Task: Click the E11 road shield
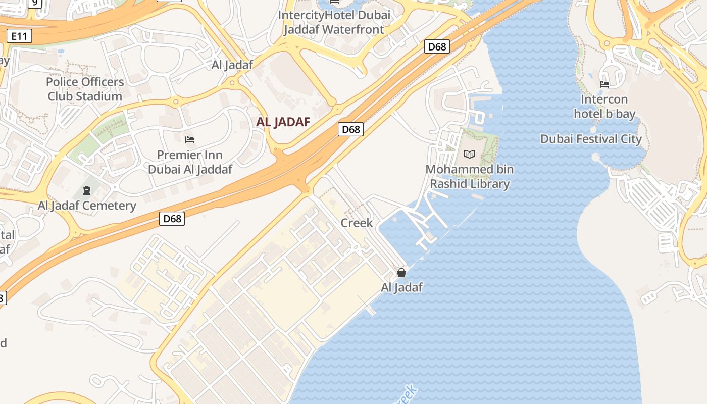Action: [x=20, y=36]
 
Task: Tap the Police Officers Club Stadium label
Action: [x=85, y=89]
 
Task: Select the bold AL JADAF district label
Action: [x=283, y=122]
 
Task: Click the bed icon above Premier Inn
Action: [x=190, y=139]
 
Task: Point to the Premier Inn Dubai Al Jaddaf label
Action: [x=190, y=162]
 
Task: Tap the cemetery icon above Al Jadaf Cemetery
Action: [x=87, y=190]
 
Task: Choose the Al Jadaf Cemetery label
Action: [x=87, y=206]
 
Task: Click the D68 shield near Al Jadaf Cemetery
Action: [x=172, y=219]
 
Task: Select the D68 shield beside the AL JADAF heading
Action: [x=350, y=129]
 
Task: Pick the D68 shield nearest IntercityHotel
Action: [x=437, y=46]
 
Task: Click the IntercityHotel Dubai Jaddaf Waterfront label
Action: [x=334, y=22]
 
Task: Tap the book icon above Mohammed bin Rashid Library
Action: [x=470, y=154]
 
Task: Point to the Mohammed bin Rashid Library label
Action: [x=470, y=176]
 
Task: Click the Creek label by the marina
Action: [x=357, y=223]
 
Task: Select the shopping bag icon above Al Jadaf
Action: [x=401, y=273]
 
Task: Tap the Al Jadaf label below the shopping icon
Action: [x=401, y=287]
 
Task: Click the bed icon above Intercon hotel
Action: [x=604, y=84]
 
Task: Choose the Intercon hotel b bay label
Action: [x=604, y=107]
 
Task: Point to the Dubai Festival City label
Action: [x=591, y=139]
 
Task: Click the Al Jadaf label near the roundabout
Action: [x=232, y=65]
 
